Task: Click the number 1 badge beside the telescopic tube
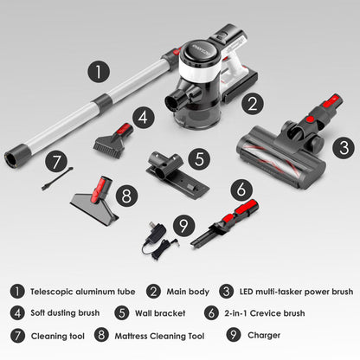click(x=99, y=72)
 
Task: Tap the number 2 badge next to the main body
click(x=253, y=104)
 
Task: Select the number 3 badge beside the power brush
click(x=344, y=147)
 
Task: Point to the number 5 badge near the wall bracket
click(x=199, y=159)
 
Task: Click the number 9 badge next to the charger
click(x=183, y=225)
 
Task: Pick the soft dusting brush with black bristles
click(x=113, y=141)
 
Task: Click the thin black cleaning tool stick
click(x=57, y=178)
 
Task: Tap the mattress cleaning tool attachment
click(x=95, y=201)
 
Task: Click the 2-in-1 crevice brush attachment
click(x=224, y=223)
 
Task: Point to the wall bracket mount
click(x=177, y=174)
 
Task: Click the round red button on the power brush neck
click(x=310, y=119)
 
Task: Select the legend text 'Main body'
click(x=188, y=292)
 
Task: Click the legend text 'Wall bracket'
click(x=160, y=313)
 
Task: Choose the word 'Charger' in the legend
click(x=264, y=335)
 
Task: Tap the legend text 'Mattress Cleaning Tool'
click(x=159, y=336)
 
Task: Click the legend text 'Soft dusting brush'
click(x=65, y=312)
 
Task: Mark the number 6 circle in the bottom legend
click(x=211, y=313)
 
